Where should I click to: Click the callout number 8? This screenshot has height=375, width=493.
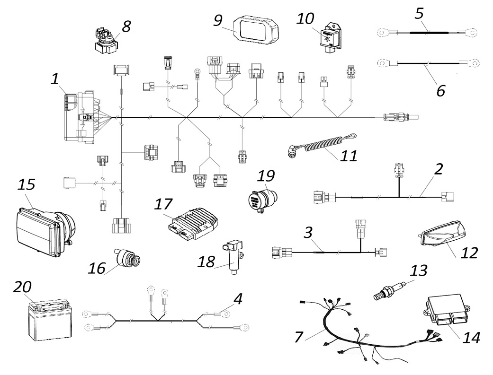click(126, 26)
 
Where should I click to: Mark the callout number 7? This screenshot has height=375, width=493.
click(298, 338)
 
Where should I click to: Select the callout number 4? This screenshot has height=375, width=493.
click(238, 299)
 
